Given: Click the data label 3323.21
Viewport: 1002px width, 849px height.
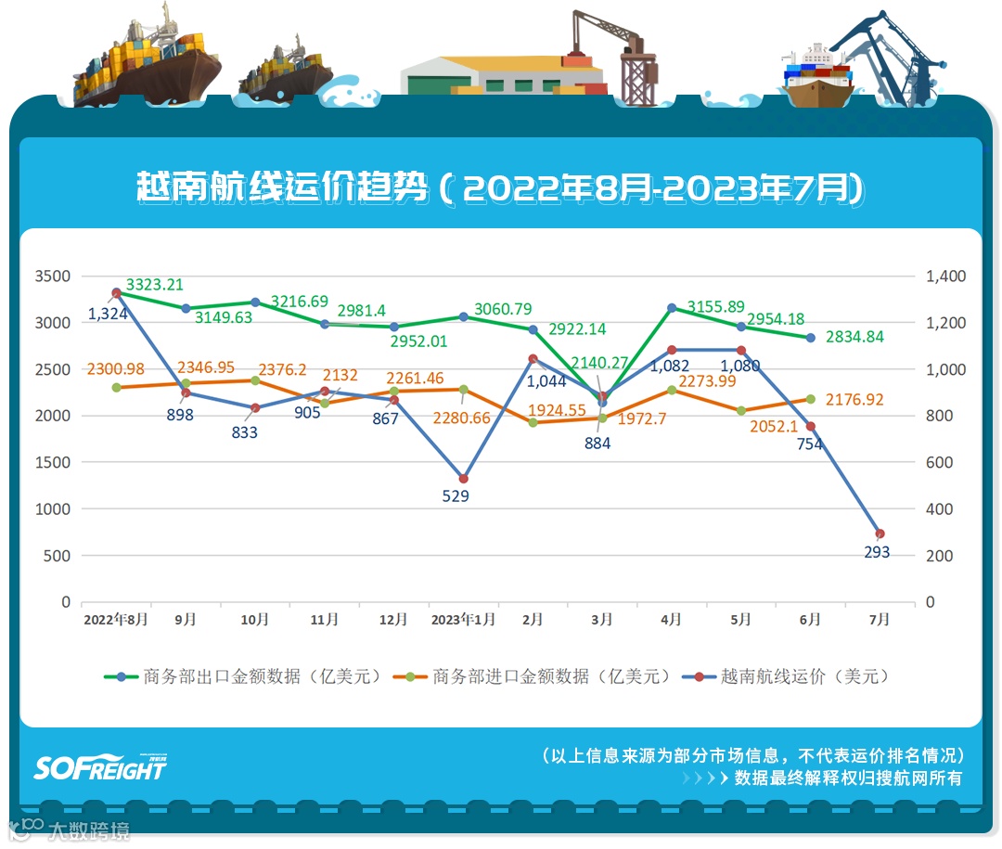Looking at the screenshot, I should coord(155,285).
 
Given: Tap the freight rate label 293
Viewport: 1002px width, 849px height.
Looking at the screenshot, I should coord(876,552).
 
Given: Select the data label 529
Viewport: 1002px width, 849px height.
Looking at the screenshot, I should coord(456,496).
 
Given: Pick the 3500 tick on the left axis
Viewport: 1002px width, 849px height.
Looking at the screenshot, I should coord(53,277).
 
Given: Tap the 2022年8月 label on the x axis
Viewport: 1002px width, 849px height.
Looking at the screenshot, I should coord(115,620).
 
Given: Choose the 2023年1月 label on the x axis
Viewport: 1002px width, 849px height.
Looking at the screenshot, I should coord(463,620).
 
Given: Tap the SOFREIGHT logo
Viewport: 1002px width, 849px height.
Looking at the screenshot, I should coord(100,766).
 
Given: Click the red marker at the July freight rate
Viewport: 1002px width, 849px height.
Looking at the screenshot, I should coord(880,534).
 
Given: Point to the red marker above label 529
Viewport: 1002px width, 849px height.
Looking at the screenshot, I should coord(463,479).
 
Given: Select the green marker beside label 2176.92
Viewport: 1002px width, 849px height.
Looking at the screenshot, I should coord(810,399).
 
